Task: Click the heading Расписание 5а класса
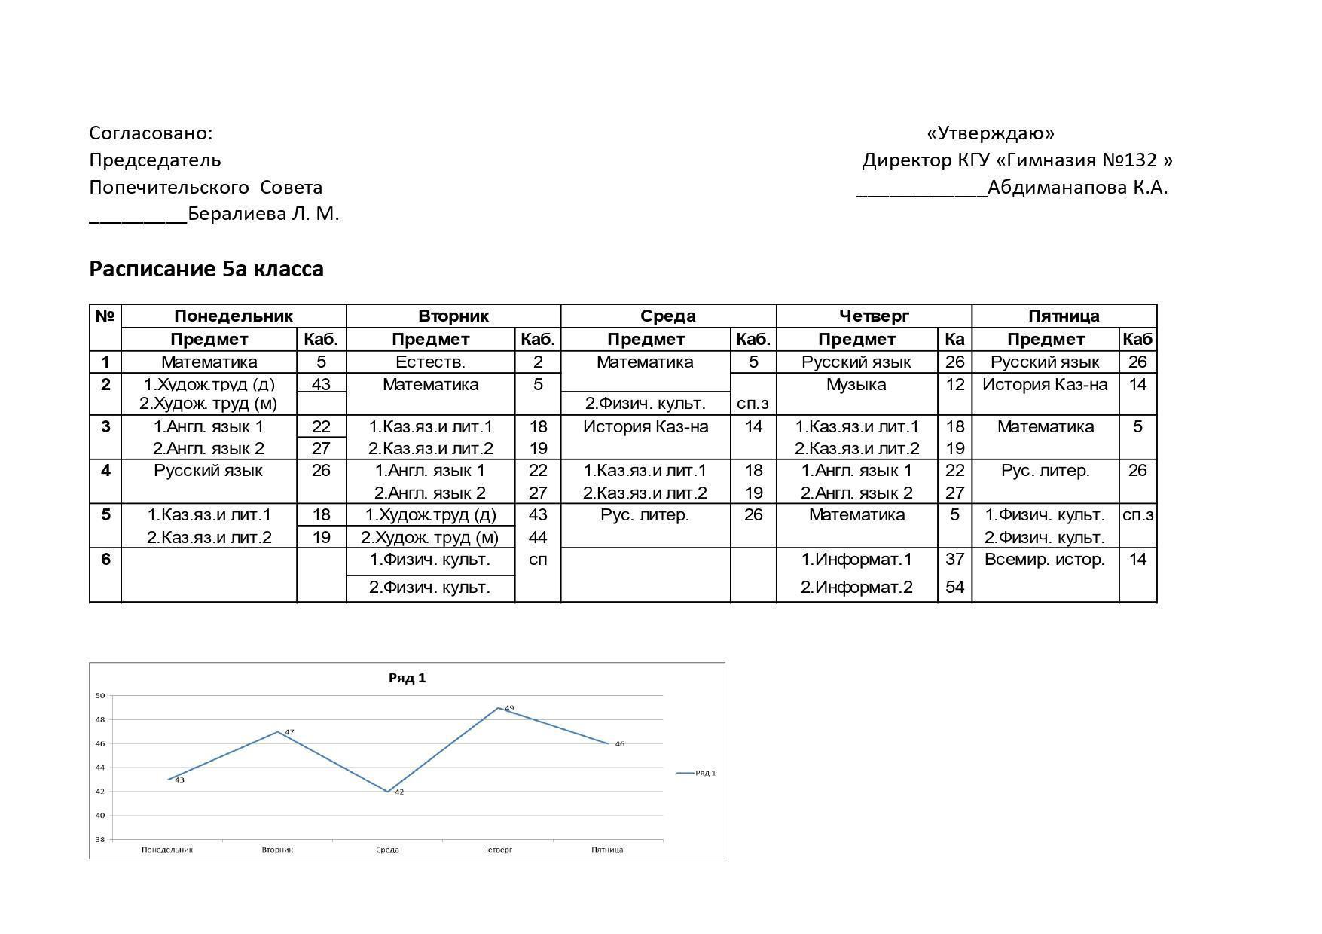click(x=206, y=269)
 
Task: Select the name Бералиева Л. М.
click(x=263, y=214)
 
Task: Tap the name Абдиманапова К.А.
click(x=1077, y=188)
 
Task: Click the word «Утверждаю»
click(x=991, y=133)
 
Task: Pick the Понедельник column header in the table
click(x=233, y=316)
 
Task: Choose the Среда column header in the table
click(x=667, y=316)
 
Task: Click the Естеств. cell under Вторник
click(x=430, y=362)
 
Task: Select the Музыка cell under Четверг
click(x=856, y=385)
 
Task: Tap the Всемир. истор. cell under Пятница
click(x=1044, y=560)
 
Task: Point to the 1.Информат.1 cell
click(x=856, y=560)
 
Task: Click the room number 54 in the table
click(x=954, y=588)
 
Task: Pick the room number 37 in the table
click(x=954, y=560)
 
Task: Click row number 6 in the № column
click(x=105, y=560)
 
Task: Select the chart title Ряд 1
click(x=407, y=678)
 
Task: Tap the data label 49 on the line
click(x=509, y=708)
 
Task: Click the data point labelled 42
click(x=388, y=792)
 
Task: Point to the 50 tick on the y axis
click(x=100, y=696)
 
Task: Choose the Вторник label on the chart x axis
click(x=277, y=850)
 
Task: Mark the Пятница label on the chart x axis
click(x=607, y=850)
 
